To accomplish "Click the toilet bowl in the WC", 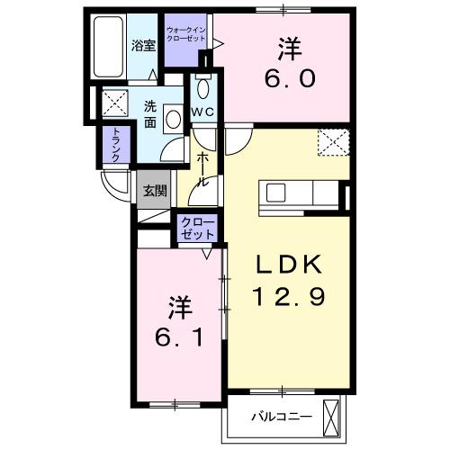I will pyautogui.click(x=202, y=89).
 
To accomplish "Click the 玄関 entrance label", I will pyautogui.click(x=154, y=190).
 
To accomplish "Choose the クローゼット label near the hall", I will pyautogui.click(x=198, y=227).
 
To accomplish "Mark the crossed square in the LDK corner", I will pyautogui.click(x=332, y=141).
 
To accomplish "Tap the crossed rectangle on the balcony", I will pyautogui.click(x=333, y=417).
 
